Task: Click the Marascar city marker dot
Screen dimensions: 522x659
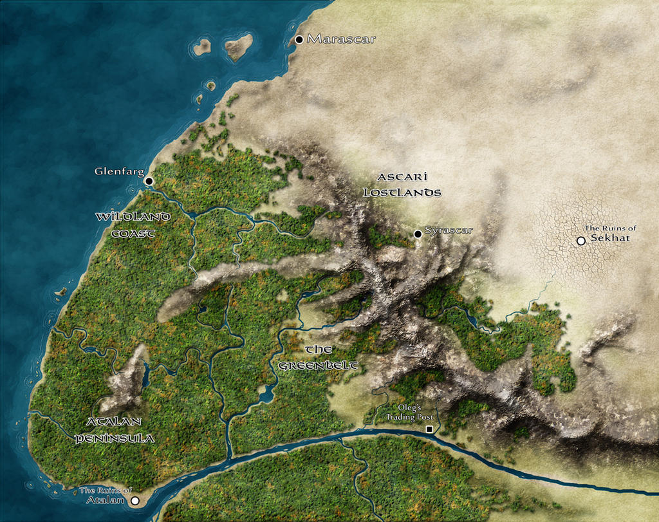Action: coord(299,40)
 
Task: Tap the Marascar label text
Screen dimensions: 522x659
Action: coord(341,39)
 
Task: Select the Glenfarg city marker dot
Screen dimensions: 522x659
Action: coord(149,182)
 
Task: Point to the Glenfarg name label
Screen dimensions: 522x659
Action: coord(118,172)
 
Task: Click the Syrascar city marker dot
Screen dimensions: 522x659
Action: coord(418,234)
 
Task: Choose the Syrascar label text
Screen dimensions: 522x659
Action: coord(449,230)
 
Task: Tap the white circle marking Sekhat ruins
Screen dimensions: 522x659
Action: coord(581,241)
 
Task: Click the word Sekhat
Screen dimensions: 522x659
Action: coord(610,238)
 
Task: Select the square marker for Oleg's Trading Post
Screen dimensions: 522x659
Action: coord(429,429)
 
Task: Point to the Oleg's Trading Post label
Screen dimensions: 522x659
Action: coord(410,413)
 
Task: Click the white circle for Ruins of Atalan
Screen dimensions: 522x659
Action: coord(135,500)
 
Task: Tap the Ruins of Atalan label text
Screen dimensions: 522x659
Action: coord(106,495)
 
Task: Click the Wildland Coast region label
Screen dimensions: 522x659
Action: coord(133,225)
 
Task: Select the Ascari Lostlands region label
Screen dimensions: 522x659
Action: coord(402,184)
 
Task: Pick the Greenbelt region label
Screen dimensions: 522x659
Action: coord(319,358)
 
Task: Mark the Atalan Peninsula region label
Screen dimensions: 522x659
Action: coord(115,430)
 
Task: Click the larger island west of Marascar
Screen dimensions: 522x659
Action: coord(238,46)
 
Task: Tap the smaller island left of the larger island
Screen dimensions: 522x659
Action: coord(202,46)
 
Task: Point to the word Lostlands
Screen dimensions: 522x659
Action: coord(402,192)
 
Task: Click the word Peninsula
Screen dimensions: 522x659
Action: coord(115,439)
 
